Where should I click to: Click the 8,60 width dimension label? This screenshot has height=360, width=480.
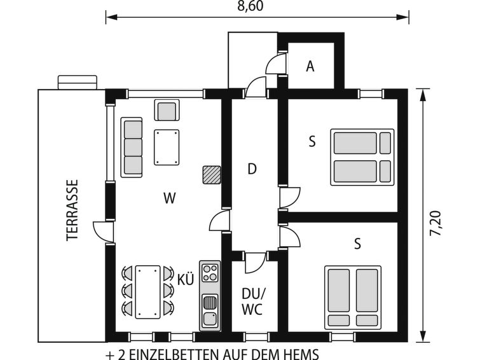(x=250, y=6)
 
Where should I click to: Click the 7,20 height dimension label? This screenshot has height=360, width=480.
(x=435, y=223)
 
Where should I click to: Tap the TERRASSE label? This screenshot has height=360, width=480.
(x=72, y=210)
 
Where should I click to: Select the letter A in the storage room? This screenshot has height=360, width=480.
(x=310, y=66)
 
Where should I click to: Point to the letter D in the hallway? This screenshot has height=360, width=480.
(x=252, y=169)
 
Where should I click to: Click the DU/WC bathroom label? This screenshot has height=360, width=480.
(x=252, y=301)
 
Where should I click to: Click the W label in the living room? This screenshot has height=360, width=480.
(x=169, y=198)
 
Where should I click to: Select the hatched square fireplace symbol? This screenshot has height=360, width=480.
(x=212, y=175)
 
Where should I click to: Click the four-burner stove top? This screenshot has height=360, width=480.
(x=210, y=273)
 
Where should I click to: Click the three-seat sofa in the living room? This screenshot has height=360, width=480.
(x=132, y=148)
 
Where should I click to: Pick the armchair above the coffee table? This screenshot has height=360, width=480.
(x=167, y=110)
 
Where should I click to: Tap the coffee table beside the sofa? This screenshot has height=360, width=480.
(x=167, y=148)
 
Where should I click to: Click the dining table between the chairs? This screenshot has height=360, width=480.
(x=148, y=292)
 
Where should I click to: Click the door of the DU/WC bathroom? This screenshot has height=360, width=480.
(x=256, y=263)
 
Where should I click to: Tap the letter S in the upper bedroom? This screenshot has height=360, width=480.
(x=312, y=142)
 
